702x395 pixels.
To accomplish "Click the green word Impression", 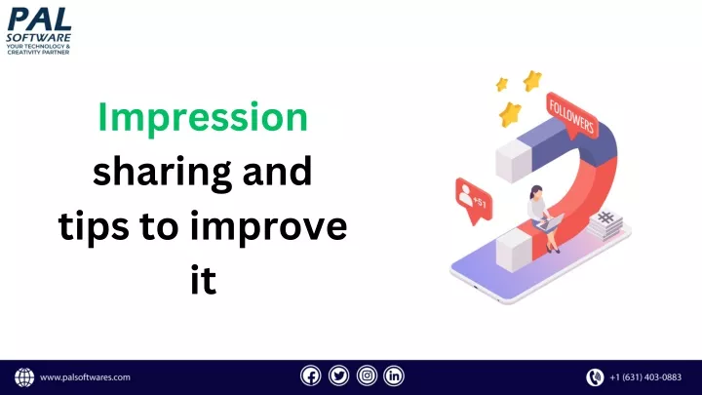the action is pyautogui.click(x=203, y=117).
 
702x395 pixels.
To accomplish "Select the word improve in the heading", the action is pyautogui.click(x=269, y=227).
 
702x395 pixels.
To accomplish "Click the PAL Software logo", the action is pyautogui.click(x=38, y=31).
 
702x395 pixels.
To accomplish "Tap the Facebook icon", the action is pyautogui.click(x=311, y=375).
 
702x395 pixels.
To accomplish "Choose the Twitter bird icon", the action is pyautogui.click(x=339, y=375).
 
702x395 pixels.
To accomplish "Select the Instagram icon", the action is pyautogui.click(x=367, y=375).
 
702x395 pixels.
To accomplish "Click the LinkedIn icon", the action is pyautogui.click(x=394, y=375).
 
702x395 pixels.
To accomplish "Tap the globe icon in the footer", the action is pyautogui.click(x=24, y=377).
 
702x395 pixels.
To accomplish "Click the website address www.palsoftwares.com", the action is pyautogui.click(x=85, y=377).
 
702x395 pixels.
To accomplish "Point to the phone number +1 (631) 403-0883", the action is pyautogui.click(x=645, y=377).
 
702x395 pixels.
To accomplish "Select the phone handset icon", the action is pyautogui.click(x=595, y=377).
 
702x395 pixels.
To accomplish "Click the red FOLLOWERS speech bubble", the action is pyautogui.click(x=571, y=117).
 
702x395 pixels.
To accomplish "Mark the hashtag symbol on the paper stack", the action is pyautogui.click(x=605, y=218).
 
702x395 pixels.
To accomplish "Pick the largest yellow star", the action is pyautogui.click(x=510, y=114).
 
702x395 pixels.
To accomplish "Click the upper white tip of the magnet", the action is pyautogui.click(x=514, y=161).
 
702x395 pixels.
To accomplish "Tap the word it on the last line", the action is pyautogui.click(x=204, y=280).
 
